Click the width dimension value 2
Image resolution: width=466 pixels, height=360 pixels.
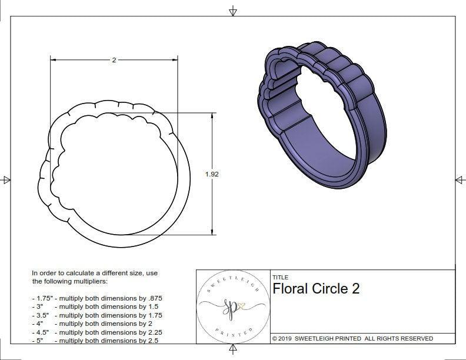point(114,60)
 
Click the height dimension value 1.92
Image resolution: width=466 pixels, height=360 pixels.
point(212,174)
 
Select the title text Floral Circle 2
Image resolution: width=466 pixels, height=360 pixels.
point(316,288)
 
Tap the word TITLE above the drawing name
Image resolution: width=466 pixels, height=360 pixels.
point(280,277)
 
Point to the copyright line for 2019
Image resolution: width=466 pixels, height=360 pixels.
point(352,338)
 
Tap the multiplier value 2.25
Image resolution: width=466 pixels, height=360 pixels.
point(153,332)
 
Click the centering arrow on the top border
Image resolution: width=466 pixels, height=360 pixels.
point(233,11)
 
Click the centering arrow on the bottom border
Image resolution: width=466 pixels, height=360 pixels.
point(233,349)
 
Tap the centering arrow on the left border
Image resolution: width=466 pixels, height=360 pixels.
point(6,180)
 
